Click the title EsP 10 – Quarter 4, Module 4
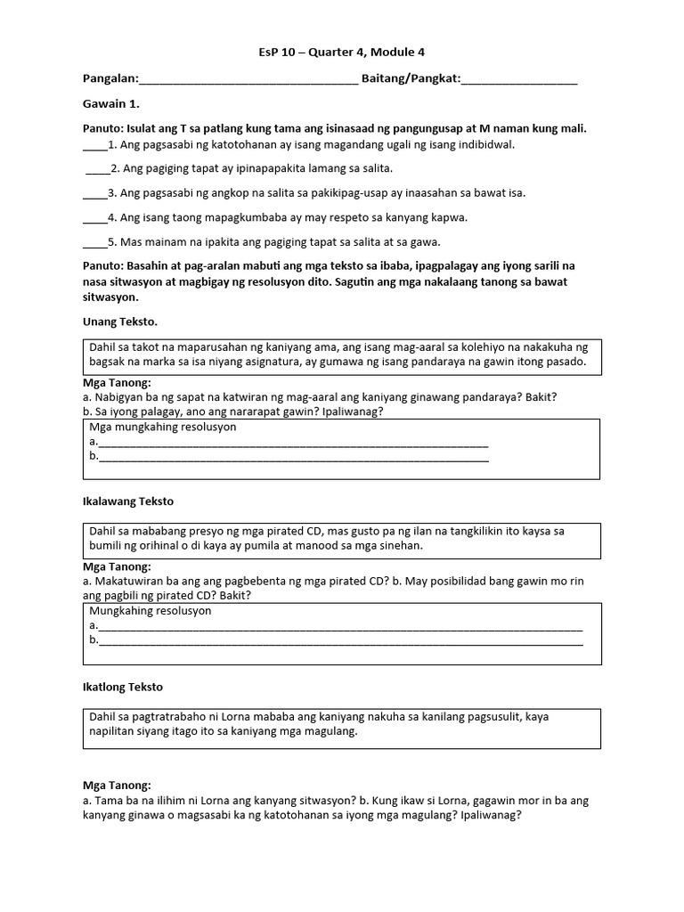[341, 53]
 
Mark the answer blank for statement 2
[96, 168]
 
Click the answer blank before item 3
[94, 193]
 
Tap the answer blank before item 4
[94, 218]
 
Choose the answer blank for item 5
[94, 243]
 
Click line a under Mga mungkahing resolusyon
[293, 443]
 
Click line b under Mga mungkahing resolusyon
[293, 458]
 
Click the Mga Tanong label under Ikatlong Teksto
[117, 786]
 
